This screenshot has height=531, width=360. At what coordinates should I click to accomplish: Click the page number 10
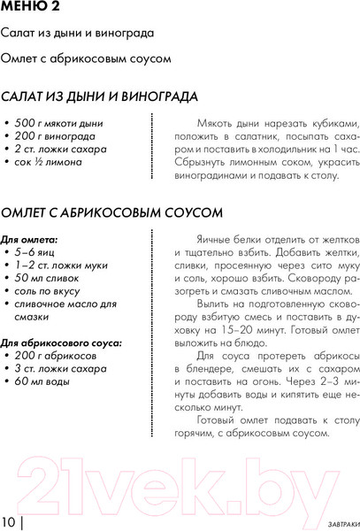coord(9,519)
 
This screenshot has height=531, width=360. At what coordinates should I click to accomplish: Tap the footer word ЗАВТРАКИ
coord(332,520)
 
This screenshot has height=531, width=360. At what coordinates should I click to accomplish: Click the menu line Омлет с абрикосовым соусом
coord(84,59)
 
